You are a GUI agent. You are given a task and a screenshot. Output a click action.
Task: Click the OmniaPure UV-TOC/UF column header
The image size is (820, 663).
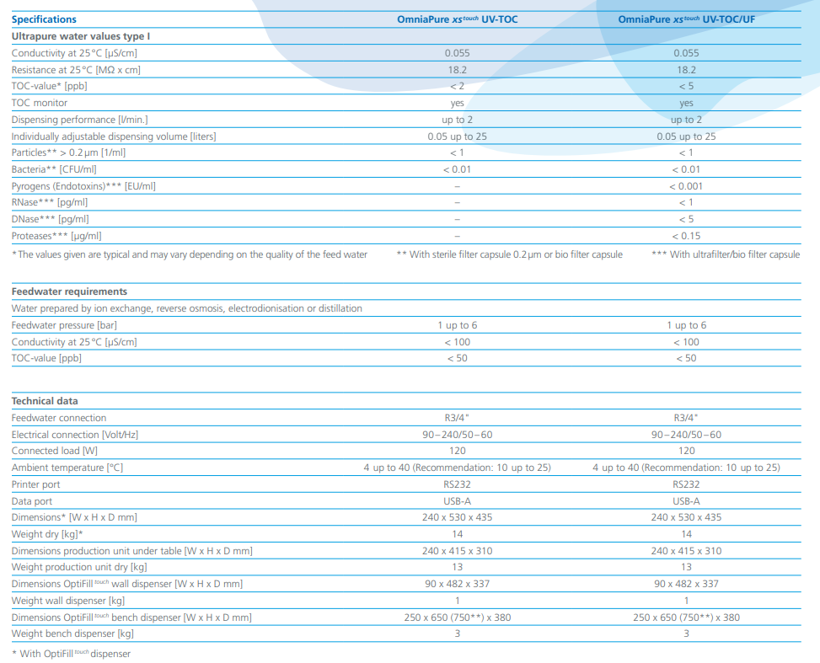[x=686, y=19]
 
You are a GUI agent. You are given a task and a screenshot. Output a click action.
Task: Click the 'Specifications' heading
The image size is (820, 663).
[x=44, y=19]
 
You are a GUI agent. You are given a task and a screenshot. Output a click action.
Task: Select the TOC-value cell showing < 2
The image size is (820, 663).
[x=457, y=86]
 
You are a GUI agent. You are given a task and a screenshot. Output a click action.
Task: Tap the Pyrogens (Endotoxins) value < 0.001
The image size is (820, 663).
[x=686, y=186]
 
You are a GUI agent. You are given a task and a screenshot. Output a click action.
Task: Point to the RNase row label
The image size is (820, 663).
[x=49, y=202]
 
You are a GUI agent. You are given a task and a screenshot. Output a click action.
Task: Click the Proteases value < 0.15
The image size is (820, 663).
[x=686, y=236]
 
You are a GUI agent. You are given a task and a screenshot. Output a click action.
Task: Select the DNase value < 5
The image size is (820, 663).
[x=686, y=219]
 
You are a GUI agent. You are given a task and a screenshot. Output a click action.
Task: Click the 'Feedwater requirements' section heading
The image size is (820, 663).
[x=69, y=291]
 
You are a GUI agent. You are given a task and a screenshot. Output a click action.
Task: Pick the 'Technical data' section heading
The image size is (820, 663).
[x=45, y=401]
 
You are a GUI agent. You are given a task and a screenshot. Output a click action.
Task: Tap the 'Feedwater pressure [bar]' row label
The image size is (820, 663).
[x=64, y=325]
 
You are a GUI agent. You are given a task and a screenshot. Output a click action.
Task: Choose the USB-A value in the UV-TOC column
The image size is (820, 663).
[x=457, y=501]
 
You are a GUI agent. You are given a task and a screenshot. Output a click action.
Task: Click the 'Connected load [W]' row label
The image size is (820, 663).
[x=57, y=451]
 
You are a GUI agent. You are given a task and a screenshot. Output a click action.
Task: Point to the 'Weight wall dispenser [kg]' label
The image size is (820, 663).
[x=68, y=601]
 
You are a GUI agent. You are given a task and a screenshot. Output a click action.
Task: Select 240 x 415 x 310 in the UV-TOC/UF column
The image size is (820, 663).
[x=686, y=551]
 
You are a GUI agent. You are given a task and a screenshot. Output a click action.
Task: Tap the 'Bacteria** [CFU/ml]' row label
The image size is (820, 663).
[x=56, y=169]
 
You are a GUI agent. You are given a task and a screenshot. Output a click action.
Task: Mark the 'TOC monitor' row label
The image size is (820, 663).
[x=40, y=103]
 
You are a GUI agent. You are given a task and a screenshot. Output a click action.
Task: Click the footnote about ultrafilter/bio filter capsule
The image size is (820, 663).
[x=726, y=254]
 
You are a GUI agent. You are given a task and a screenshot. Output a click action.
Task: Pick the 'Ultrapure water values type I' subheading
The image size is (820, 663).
[x=81, y=36]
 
